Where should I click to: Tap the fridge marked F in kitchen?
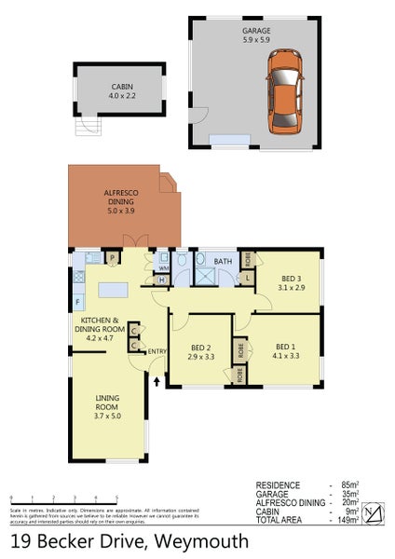77,303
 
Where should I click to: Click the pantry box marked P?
111,258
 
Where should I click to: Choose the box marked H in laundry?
162,280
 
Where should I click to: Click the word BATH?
224,262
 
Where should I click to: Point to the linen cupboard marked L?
248,278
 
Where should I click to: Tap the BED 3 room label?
291,282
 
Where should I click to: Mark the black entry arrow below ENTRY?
157,380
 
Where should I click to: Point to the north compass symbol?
372,513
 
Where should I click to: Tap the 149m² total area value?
348,520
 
